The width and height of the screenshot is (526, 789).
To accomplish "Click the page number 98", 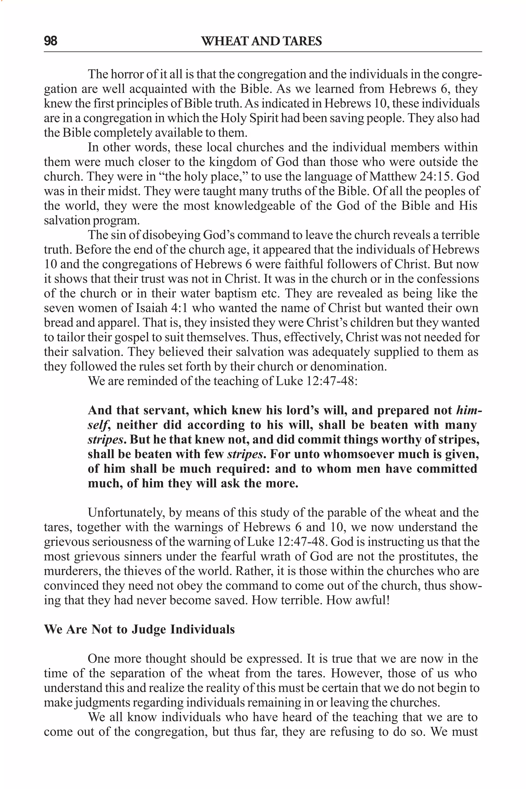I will coord(51,41).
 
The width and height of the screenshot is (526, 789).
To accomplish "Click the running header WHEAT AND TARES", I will coord(261,41).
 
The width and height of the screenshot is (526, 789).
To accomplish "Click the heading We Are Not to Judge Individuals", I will coord(139,629).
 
